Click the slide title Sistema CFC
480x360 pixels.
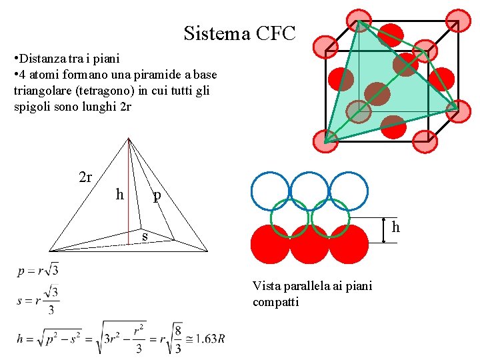(x=239, y=33)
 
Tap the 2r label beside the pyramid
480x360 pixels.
(x=85, y=177)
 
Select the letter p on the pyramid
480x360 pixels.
(x=157, y=195)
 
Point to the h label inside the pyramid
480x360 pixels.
(x=119, y=195)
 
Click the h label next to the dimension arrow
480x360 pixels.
(x=395, y=228)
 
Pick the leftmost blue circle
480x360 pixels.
(x=271, y=191)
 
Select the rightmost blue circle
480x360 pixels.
(x=349, y=191)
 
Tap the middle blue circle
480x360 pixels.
(x=310, y=191)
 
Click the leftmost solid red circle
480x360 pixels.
(x=269, y=244)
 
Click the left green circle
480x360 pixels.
(x=290, y=218)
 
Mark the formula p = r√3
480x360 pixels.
(x=39, y=271)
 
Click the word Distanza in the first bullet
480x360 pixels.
(x=43, y=59)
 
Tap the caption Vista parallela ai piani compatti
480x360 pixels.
(x=312, y=294)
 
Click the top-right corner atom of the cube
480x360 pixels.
(x=458, y=21)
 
